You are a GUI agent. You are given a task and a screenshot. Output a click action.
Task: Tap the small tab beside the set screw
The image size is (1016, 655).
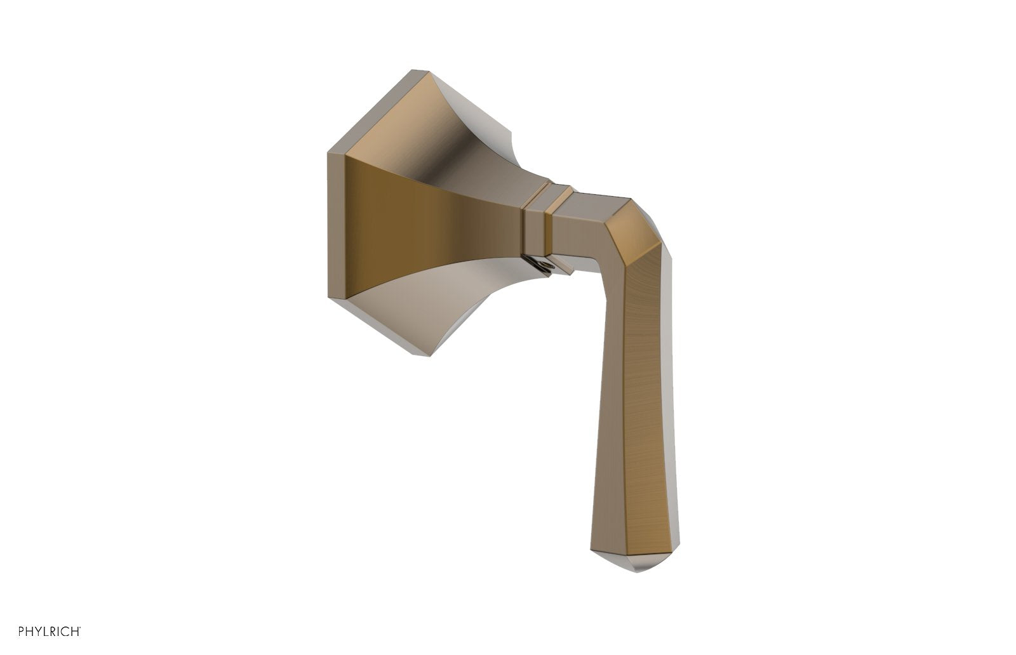pyautogui.click(x=563, y=266)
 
